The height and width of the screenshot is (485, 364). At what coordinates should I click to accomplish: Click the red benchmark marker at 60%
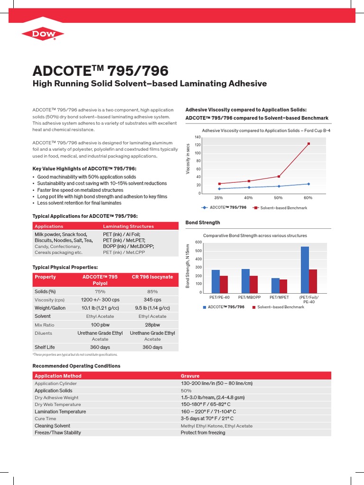point(309,144)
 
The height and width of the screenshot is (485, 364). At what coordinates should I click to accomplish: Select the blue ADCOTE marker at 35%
point(219,189)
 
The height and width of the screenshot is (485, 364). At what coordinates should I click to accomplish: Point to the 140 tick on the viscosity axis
point(198,137)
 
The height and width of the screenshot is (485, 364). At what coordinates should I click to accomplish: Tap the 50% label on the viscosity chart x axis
point(278,198)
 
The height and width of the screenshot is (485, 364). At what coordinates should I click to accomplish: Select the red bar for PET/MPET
point(283,286)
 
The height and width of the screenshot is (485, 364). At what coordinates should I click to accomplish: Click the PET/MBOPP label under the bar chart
point(250,297)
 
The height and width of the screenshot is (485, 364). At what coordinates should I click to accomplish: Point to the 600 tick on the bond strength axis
point(198,242)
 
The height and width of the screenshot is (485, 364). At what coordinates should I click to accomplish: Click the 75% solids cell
point(100,292)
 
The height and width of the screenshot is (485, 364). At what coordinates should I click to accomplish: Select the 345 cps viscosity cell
point(152,300)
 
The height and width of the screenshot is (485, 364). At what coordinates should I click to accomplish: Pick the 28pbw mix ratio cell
point(152,324)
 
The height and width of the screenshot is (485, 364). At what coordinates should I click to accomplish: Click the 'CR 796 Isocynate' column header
point(152,277)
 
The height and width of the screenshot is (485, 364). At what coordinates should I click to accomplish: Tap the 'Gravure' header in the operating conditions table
point(190,376)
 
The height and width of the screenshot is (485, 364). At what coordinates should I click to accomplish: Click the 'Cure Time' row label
point(45,419)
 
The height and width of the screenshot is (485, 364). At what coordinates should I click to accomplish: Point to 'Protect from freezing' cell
point(203,433)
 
